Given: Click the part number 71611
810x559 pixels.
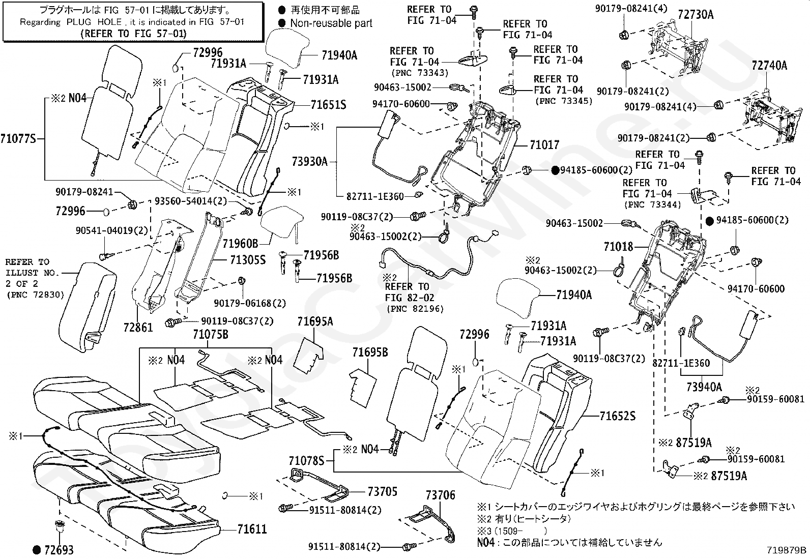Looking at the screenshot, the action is (x=252, y=529).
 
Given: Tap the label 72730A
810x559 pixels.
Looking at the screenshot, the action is (x=696, y=15).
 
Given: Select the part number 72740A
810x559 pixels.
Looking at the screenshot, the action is (x=769, y=66).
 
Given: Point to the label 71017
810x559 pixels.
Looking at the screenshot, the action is (x=544, y=145).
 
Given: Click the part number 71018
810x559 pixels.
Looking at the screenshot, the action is (x=618, y=247).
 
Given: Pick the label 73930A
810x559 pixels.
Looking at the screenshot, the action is (x=309, y=162).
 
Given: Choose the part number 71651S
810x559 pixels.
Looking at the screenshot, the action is (x=328, y=105).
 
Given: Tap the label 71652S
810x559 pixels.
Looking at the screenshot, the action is (x=617, y=416).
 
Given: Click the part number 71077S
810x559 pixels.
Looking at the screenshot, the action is (x=18, y=139).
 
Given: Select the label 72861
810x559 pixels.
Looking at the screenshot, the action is (x=138, y=328).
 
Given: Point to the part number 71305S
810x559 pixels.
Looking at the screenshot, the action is (x=248, y=260).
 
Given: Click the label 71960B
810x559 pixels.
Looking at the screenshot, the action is (x=240, y=244).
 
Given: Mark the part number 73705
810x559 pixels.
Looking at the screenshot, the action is (x=383, y=492).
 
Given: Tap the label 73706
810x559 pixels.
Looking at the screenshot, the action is (x=440, y=495).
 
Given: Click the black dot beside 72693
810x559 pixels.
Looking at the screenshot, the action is (x=37, y=550).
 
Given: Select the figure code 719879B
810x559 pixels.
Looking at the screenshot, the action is (x=787, y=550).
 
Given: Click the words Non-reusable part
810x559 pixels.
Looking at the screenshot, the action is (x=331, y=23).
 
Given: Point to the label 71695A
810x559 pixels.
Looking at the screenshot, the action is (x=315, y=321).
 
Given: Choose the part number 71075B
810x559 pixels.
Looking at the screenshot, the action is (x=211, y=335).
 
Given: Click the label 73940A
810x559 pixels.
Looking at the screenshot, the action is (x=704, y=387).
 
